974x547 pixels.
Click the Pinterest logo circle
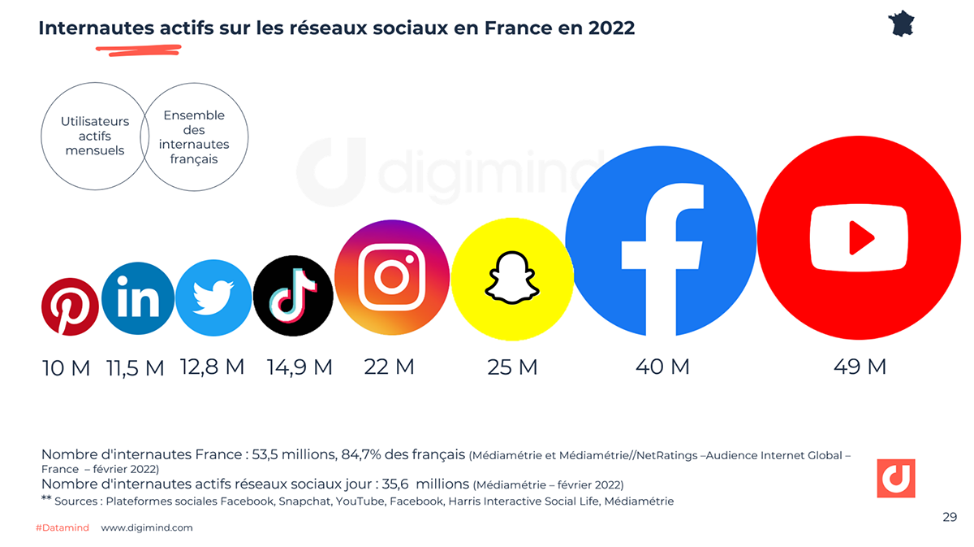point(70,306)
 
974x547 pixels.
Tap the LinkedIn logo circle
point(139,299)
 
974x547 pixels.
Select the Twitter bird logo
point(213,297)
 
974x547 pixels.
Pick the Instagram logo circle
point(393,278)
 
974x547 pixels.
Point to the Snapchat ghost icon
point(512,277)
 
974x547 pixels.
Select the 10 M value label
point(66,368)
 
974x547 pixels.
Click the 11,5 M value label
point(136,368)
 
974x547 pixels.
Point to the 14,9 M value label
point(300,367)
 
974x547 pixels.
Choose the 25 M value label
point(512,367)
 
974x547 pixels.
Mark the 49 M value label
point(860,367)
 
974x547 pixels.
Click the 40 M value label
point(662,367)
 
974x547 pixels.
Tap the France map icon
point(902,23)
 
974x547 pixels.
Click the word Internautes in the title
point(96,28)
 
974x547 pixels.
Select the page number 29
point(950,517)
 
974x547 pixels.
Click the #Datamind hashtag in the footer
point(62,527)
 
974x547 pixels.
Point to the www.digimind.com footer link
point(147,527)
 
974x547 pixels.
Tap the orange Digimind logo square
point(896,478)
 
